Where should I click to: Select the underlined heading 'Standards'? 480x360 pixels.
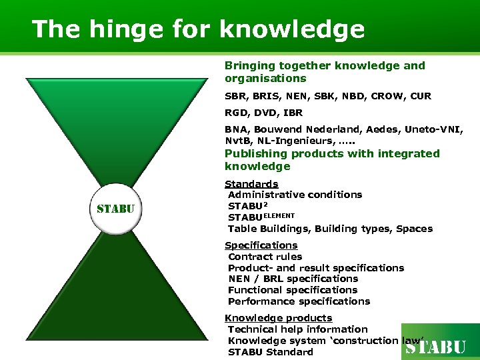coord(251,183)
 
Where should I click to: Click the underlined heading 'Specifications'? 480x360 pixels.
coord(261,245)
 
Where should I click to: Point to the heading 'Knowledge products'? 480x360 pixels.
coord(278,318)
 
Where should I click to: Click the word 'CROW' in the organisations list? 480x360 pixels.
coord(383,96)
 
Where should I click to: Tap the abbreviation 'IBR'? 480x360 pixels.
coord(291,113)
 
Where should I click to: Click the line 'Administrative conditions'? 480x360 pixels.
coord(295,195)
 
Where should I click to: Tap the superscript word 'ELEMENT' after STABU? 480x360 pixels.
coord(279,215)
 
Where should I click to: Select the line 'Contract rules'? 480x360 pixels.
coord(265,257)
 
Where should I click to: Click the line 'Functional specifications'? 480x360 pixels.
coord(293,290)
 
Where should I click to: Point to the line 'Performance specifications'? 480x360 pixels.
coord(299,301)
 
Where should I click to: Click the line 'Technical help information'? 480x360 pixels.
coord(297,329)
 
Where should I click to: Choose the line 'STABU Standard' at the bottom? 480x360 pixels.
coord(270,352)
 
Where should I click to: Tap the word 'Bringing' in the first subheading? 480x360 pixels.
coord(249,65)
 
